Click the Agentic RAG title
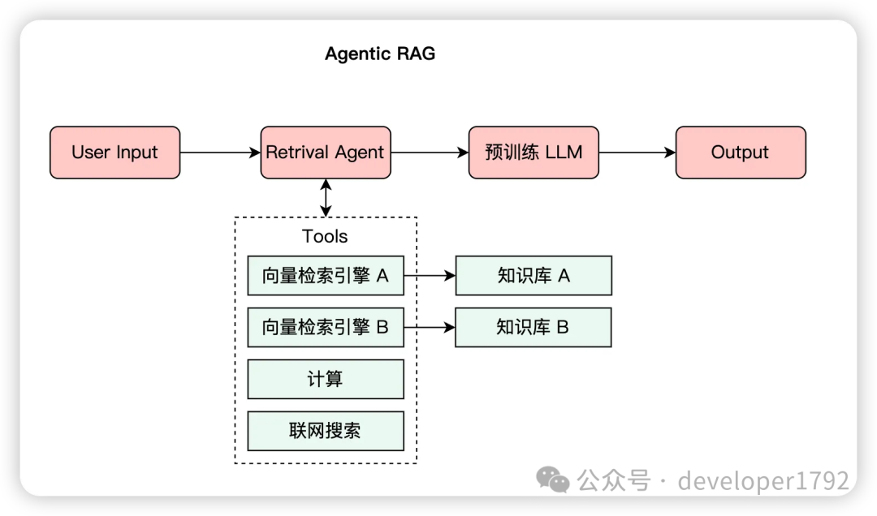tap(380, 54)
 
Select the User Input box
tap(114, 152)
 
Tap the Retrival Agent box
tap(326, 152)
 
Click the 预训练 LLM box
tap(534, 152)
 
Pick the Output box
tap(741, 152)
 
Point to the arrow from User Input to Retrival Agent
tap(220, 152)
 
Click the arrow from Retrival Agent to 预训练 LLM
tap(430, 152)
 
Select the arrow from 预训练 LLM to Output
tap(637, 152)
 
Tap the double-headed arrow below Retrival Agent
tap(326, 198)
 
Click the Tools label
tap(325, 236)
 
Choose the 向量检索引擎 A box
tap(326, 276)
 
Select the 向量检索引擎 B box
tap(326, 327)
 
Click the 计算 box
tap(326, 379)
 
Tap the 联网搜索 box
tap(326, 431)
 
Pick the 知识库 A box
tap(534, 276)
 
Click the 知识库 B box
tap(533, 327)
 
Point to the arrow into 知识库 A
tap(430, 275)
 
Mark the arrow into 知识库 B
tap(430, 327)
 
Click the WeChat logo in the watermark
tap(553, 479)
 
